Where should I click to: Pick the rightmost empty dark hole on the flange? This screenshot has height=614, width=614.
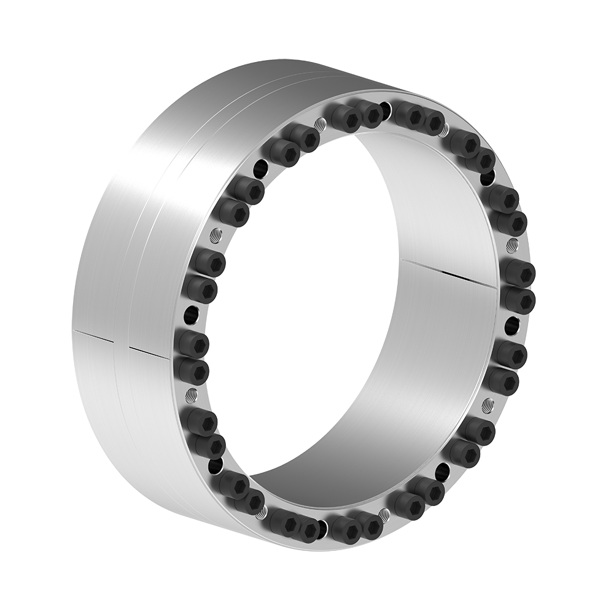510,324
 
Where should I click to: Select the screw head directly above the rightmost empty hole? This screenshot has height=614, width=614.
518,300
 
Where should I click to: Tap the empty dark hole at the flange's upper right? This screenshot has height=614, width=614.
487,179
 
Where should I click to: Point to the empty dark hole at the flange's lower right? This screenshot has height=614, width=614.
441,473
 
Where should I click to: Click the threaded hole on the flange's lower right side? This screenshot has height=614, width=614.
488,405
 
